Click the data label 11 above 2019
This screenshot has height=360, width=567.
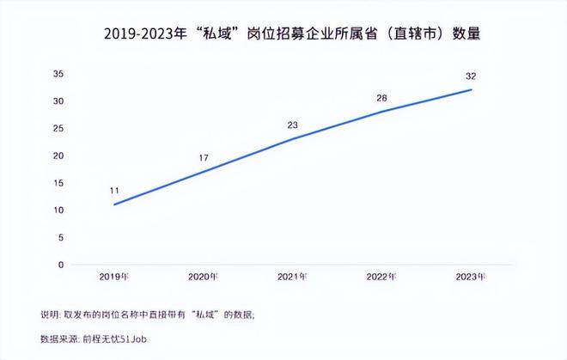113,190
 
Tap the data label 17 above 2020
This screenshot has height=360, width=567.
204,158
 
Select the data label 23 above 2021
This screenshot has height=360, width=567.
293,125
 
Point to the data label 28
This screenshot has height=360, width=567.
382,98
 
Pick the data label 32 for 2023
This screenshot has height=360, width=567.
471,76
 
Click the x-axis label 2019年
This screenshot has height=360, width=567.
113,277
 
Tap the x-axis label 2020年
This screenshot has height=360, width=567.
204,277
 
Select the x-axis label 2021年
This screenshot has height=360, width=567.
293,277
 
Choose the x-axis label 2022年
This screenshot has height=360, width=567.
381,277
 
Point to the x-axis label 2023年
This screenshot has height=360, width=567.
471,277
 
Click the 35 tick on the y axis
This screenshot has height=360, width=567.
58,74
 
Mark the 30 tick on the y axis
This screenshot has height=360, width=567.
58,101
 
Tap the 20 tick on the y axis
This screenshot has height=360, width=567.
58,156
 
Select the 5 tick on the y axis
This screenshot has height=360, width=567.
61,237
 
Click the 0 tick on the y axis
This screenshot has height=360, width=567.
61,265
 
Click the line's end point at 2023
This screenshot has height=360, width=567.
471,90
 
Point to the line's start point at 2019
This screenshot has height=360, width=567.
113,204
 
